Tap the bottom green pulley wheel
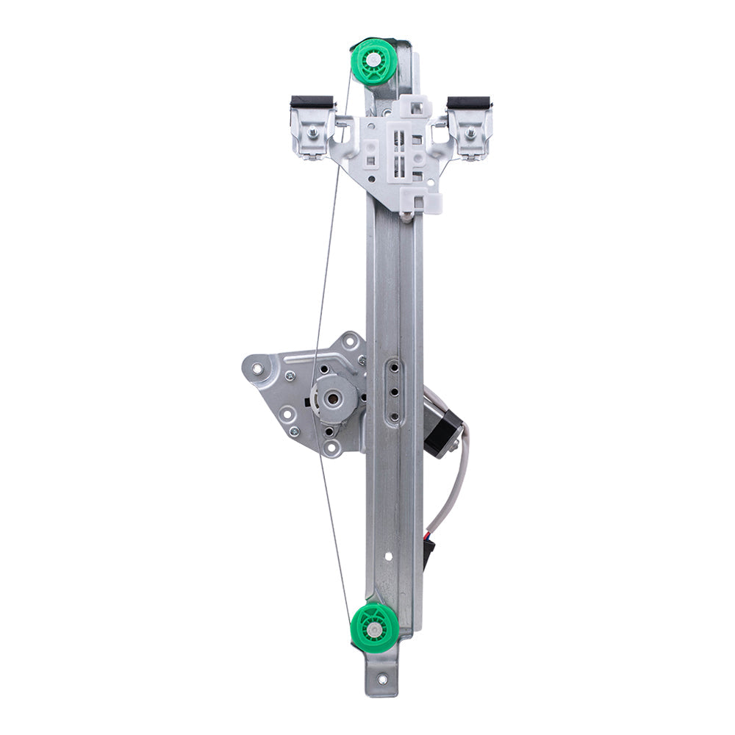tap(375, 627)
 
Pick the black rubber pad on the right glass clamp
tap(469, 102)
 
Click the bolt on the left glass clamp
tap(313, 133)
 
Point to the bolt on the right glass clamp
tap(470, 133)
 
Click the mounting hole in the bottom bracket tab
tap(381, 681)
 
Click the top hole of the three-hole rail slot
tap(394, 367)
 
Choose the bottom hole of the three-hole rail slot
tap(394, 416)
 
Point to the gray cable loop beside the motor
tap(454, 485)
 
